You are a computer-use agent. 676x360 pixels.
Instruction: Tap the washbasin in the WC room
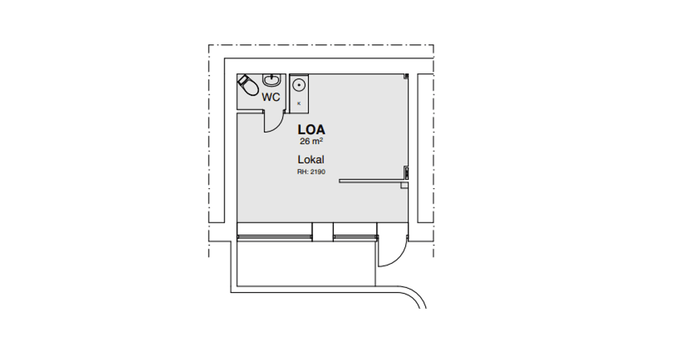(x=272, y=80)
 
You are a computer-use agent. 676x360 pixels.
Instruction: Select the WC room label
(x=271, y=98)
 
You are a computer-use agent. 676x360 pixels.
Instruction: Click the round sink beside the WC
(x=299, y=85)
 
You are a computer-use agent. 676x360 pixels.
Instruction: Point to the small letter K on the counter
(x=299, y=103)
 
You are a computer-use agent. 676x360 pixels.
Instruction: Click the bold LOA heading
(x=311, y=129)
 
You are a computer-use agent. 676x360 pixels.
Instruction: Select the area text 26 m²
(x=312, y=141)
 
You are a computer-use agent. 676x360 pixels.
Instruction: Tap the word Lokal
(x=311, y=160)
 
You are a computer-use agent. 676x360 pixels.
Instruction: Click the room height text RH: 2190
(x=311, y=172)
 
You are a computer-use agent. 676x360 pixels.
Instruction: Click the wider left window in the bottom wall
(x=274, y=237)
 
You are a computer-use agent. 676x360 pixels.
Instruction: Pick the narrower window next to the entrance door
(x=356, y=237)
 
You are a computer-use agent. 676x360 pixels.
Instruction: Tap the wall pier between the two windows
(x=323, y=231)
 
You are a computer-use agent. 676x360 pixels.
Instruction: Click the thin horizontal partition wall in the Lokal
(x=373, y=181)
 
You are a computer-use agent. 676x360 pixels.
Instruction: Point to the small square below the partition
(x=404, y=186)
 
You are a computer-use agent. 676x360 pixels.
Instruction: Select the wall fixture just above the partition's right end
(x=406, y=172)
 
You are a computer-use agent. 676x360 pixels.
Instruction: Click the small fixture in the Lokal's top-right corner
(x=406, y=76)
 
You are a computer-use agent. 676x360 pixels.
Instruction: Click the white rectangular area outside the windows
(x=306, y=263)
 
